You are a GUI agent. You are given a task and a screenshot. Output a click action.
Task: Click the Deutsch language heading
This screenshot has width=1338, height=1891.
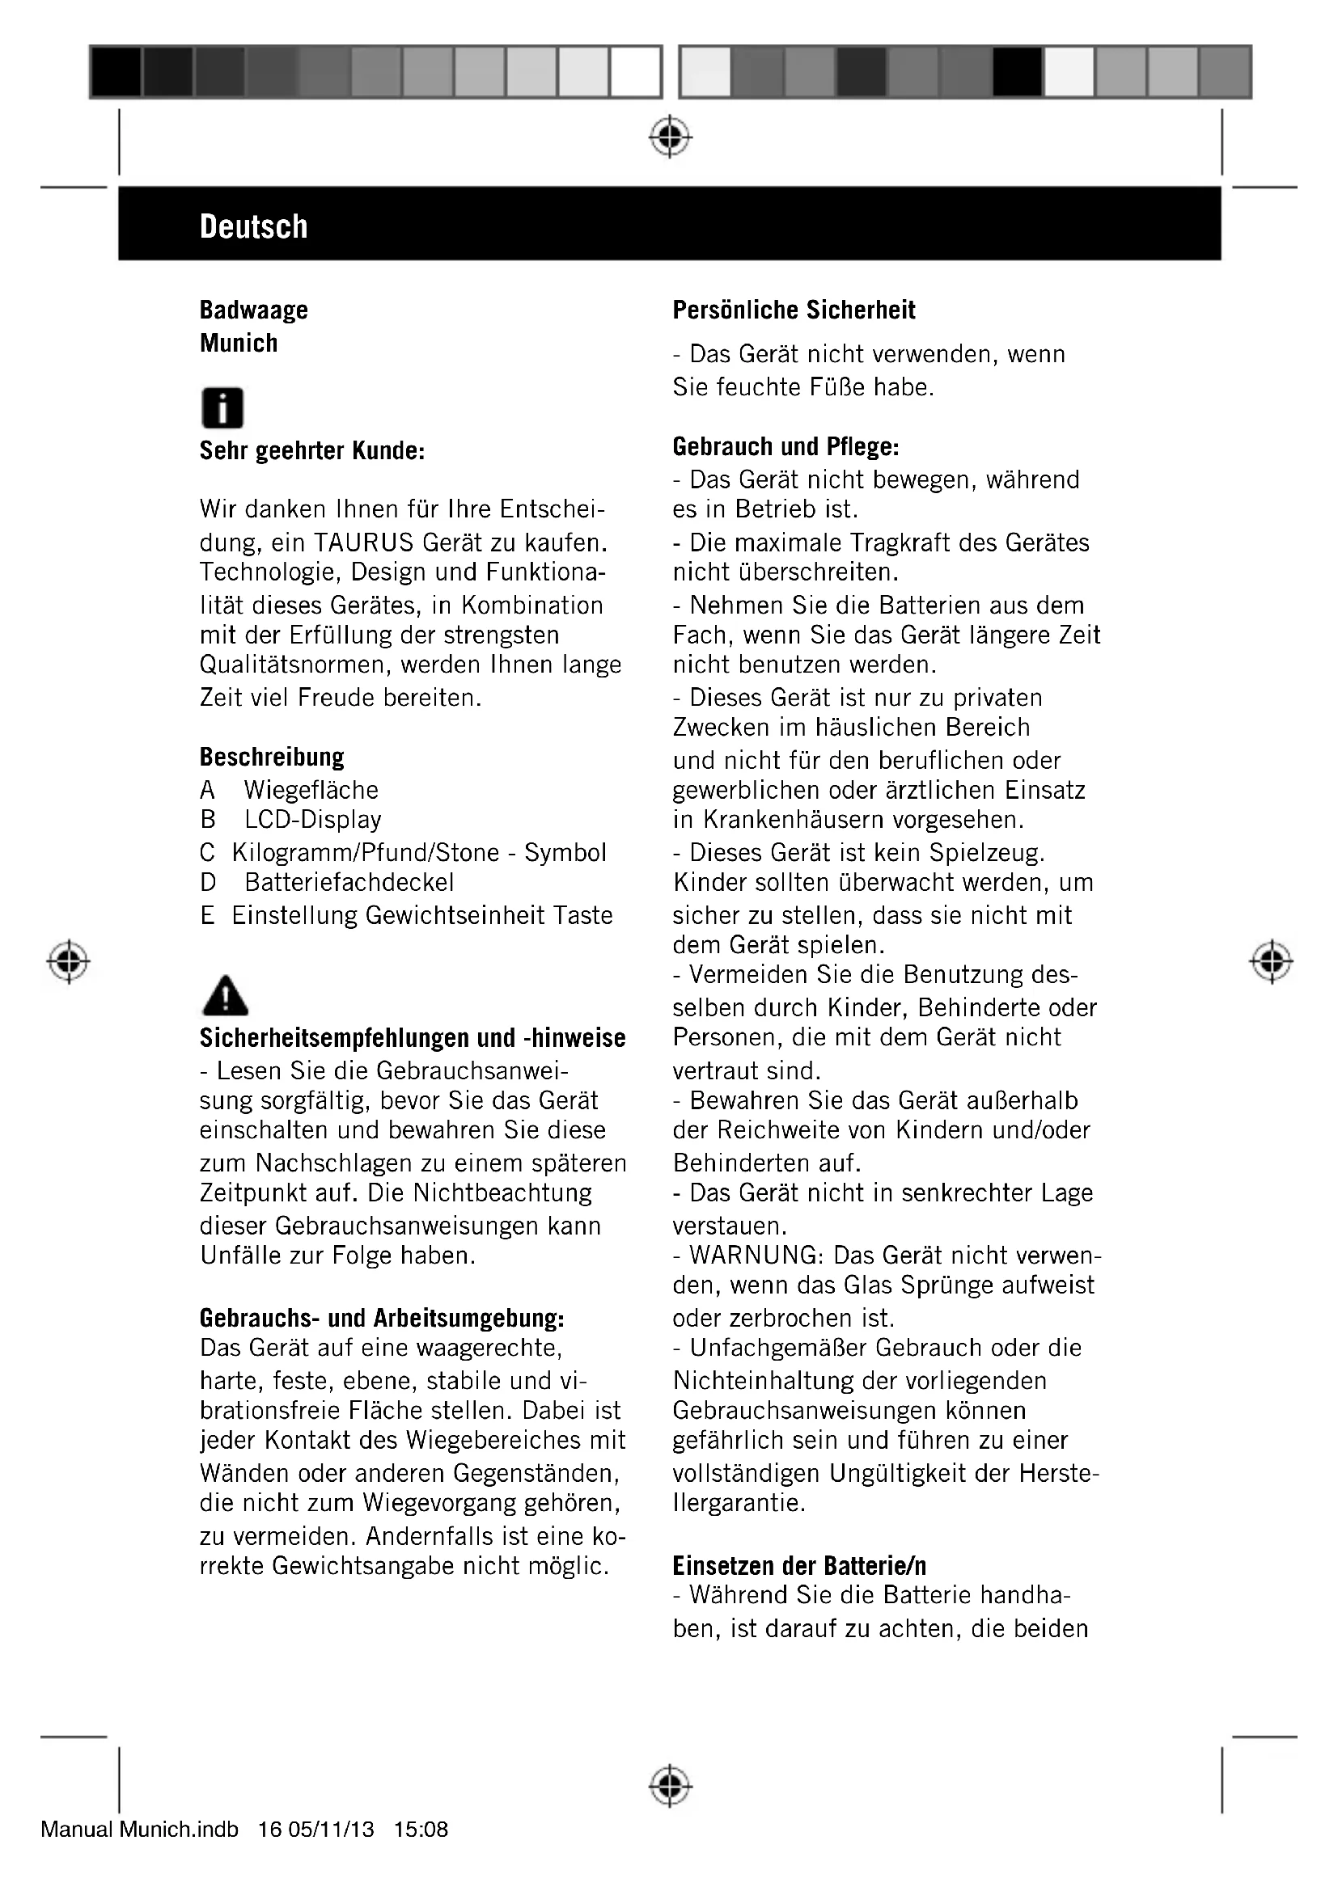tap(253, 226)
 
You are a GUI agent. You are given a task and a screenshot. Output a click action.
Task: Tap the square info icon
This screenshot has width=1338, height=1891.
tap(222, 407)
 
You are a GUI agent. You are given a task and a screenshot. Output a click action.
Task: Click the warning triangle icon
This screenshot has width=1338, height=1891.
tap(224, 996)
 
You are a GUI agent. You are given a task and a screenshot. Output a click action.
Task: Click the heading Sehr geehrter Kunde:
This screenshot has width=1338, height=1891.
tap(311, 451)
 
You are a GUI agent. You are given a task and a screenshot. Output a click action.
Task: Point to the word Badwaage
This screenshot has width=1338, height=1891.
tap(254, 310)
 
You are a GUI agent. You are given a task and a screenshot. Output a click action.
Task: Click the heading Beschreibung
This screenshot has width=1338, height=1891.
tap(272, 757)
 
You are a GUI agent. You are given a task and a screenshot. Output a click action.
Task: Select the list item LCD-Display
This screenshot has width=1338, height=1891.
tap(313, 820)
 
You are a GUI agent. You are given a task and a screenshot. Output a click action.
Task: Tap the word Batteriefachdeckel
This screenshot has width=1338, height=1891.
tap(349, 882)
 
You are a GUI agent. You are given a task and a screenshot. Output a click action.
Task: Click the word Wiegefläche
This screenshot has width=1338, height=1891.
tap(311, 790)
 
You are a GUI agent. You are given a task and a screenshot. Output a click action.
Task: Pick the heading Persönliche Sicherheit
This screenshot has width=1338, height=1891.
tap(794, 310)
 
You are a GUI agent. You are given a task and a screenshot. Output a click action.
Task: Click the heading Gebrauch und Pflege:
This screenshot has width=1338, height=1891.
tap(785, 447)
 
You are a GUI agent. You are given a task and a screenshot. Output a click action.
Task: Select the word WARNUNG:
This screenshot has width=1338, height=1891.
tap(757, 1256)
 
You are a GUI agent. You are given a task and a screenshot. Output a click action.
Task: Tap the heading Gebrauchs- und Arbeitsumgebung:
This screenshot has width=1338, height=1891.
tap(382, 1319)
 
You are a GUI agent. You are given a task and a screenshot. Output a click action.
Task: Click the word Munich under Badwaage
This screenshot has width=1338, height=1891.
tap(238, 344)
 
